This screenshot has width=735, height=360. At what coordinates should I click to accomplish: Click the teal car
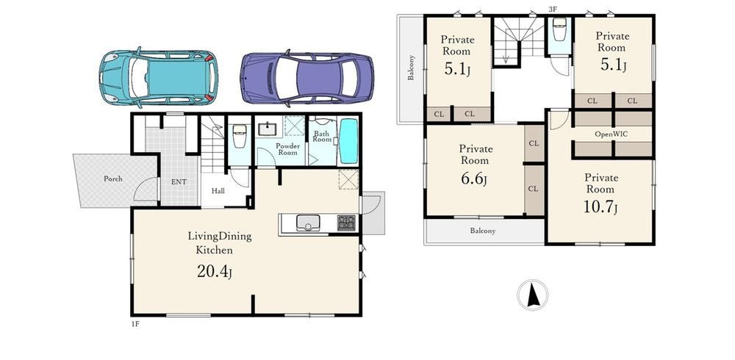pos(159,77)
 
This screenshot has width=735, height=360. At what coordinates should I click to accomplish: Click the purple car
pos(307,78)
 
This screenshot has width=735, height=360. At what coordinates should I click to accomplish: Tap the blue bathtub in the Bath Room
pos(348,141)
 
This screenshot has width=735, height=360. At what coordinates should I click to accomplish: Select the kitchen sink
pos(307,222)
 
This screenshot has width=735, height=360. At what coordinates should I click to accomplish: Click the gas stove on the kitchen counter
pos(347,222)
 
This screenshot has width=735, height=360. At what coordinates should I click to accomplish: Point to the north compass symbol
pos(532,295)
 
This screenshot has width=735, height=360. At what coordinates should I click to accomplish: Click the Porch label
pos(113,179)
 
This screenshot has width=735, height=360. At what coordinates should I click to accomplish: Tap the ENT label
pos(179,182)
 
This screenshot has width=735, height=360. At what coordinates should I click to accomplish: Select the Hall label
pos(218,191)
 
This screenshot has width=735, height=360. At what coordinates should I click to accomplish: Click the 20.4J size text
pos(214,272)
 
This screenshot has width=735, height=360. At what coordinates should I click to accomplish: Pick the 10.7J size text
pos(600,207)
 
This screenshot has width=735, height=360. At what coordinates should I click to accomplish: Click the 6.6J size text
pos(474,179)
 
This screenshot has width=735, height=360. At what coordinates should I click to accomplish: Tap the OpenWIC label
pos(612,134)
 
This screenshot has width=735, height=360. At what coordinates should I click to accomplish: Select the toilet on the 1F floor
pos(239,136)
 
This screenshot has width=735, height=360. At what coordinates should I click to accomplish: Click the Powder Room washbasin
pos(268,129)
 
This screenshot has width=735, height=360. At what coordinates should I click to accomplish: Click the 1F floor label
pos(135,324)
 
